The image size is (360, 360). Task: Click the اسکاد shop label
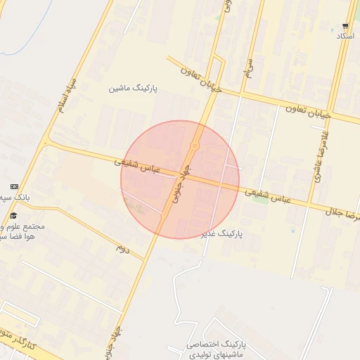[x=345, y=35]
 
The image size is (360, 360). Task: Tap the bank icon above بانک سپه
[x=13, y=186]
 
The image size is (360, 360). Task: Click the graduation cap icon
[x=13, y=215]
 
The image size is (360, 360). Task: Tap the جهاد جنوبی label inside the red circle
[x=181, y=188]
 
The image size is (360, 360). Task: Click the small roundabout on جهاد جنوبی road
[x=195, y=146]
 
